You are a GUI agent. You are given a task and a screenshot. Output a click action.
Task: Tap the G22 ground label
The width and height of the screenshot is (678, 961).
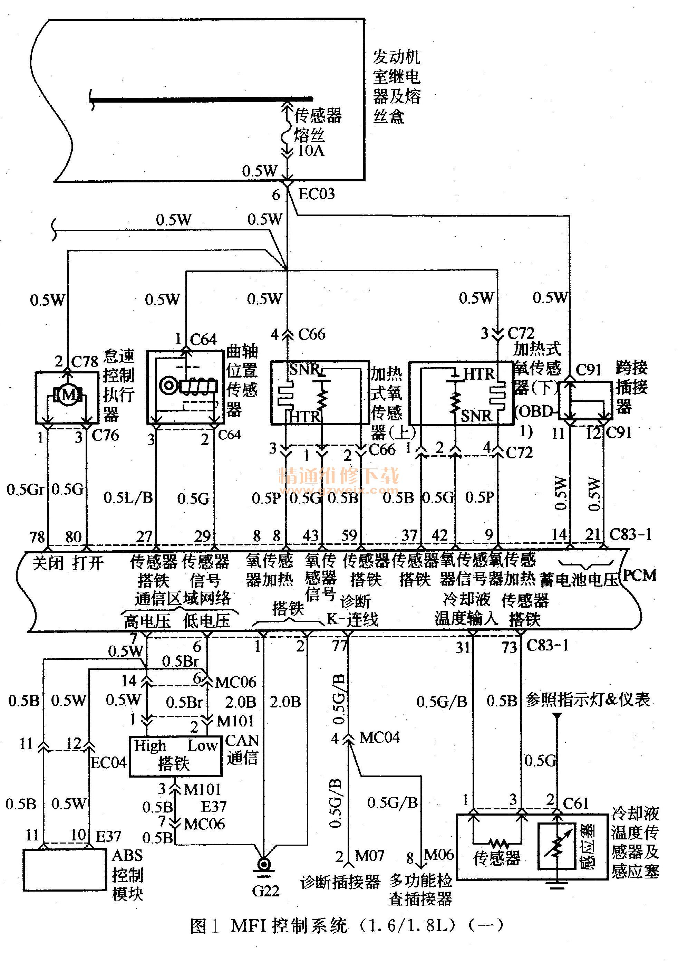pyautogui.click(x=265, y=891)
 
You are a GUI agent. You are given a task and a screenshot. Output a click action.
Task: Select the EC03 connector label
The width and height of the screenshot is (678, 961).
pyautogui.click(x=316, y=194)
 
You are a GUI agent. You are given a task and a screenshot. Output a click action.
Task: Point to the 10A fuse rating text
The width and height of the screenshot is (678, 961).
pyautogui.click(x=311, y=151)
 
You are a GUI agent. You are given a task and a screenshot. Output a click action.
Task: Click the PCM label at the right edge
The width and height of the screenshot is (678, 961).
pyautogui.click(x=639, y=575)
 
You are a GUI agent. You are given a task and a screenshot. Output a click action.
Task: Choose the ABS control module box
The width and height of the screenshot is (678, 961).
pyautogui.click(x=65, y=870)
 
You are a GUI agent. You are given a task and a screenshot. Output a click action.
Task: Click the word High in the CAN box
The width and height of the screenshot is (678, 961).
pyautogui.click(x=150, y=745)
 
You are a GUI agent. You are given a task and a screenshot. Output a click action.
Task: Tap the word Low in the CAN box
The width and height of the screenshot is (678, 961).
pyautogui.click(x=202, y=745)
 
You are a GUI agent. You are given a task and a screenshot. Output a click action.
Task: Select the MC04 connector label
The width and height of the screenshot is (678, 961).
pyautogui.click(x=379, y=738)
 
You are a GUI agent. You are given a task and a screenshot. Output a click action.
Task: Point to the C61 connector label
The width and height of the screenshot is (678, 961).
pyautogui.click(x=575, y=803)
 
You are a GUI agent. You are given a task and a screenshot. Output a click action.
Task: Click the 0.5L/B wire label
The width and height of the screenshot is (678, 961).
pyautogui.click(x=128, y=498)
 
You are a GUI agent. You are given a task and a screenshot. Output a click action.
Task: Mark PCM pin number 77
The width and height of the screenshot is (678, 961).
pyautogui.click(x=340, y=647)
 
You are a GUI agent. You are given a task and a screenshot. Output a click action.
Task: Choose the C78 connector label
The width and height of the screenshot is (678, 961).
pyautogui.click(x=85, y=362)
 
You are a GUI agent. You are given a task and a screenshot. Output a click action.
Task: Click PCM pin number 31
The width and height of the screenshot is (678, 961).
pyautogui.click(x=463, y=648)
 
